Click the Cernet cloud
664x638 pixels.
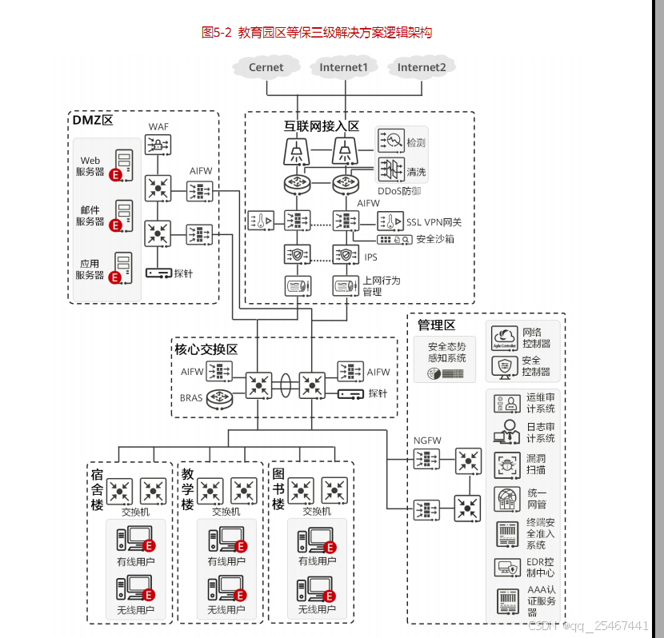coord(266,68)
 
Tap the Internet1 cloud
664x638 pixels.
coord(343,68)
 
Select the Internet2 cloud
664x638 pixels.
coord(421,68)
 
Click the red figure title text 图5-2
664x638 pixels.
coord(217,33)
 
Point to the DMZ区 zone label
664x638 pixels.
coord(93,121)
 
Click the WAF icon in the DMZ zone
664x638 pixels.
coord(158,145)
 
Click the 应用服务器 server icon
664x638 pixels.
coord(123,264)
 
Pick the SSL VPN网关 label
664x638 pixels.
coord(434,221)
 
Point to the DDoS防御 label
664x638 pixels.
coord(399,191)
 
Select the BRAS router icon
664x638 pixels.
coord(218,397)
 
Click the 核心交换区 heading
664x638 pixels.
coord(206,349)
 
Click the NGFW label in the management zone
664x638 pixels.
coord(427,441)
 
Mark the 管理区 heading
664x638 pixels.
coord(436,325)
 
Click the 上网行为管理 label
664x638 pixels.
coord(382,286)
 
